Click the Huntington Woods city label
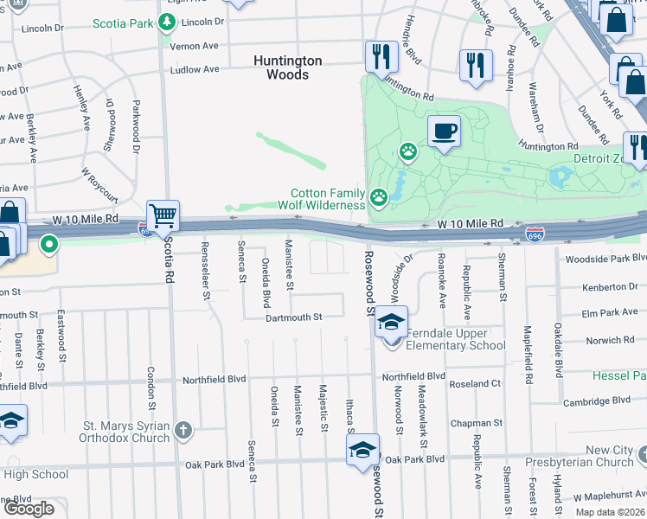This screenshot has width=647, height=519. click(x=287, y=67)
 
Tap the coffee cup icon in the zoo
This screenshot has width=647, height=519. click(x=444, y=131)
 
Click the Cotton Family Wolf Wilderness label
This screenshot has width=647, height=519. click(x=328, y=199)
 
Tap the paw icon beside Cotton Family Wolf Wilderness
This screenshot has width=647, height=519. click(x=379, y=198)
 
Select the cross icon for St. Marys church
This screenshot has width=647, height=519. click(x=183, y=430)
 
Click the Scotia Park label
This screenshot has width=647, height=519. click(x=122, y=21)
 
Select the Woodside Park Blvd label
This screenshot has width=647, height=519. click(x=605, y=258)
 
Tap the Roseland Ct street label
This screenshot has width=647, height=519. click(x=471, y=383)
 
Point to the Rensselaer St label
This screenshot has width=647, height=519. click(x=206, y=271)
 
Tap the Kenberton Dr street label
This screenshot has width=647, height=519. click(x=611, y=285)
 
